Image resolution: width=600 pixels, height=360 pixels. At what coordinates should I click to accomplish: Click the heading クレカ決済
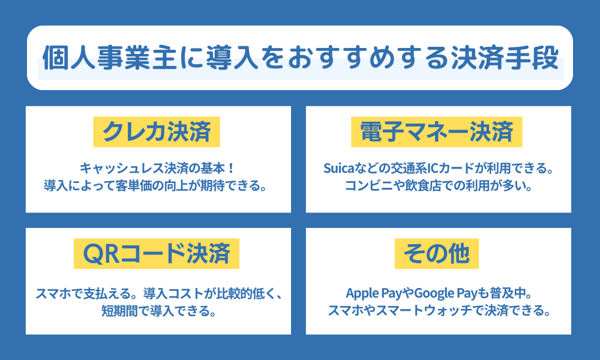(157, 131)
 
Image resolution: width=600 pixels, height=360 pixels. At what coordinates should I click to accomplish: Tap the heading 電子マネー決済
(437, 131)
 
